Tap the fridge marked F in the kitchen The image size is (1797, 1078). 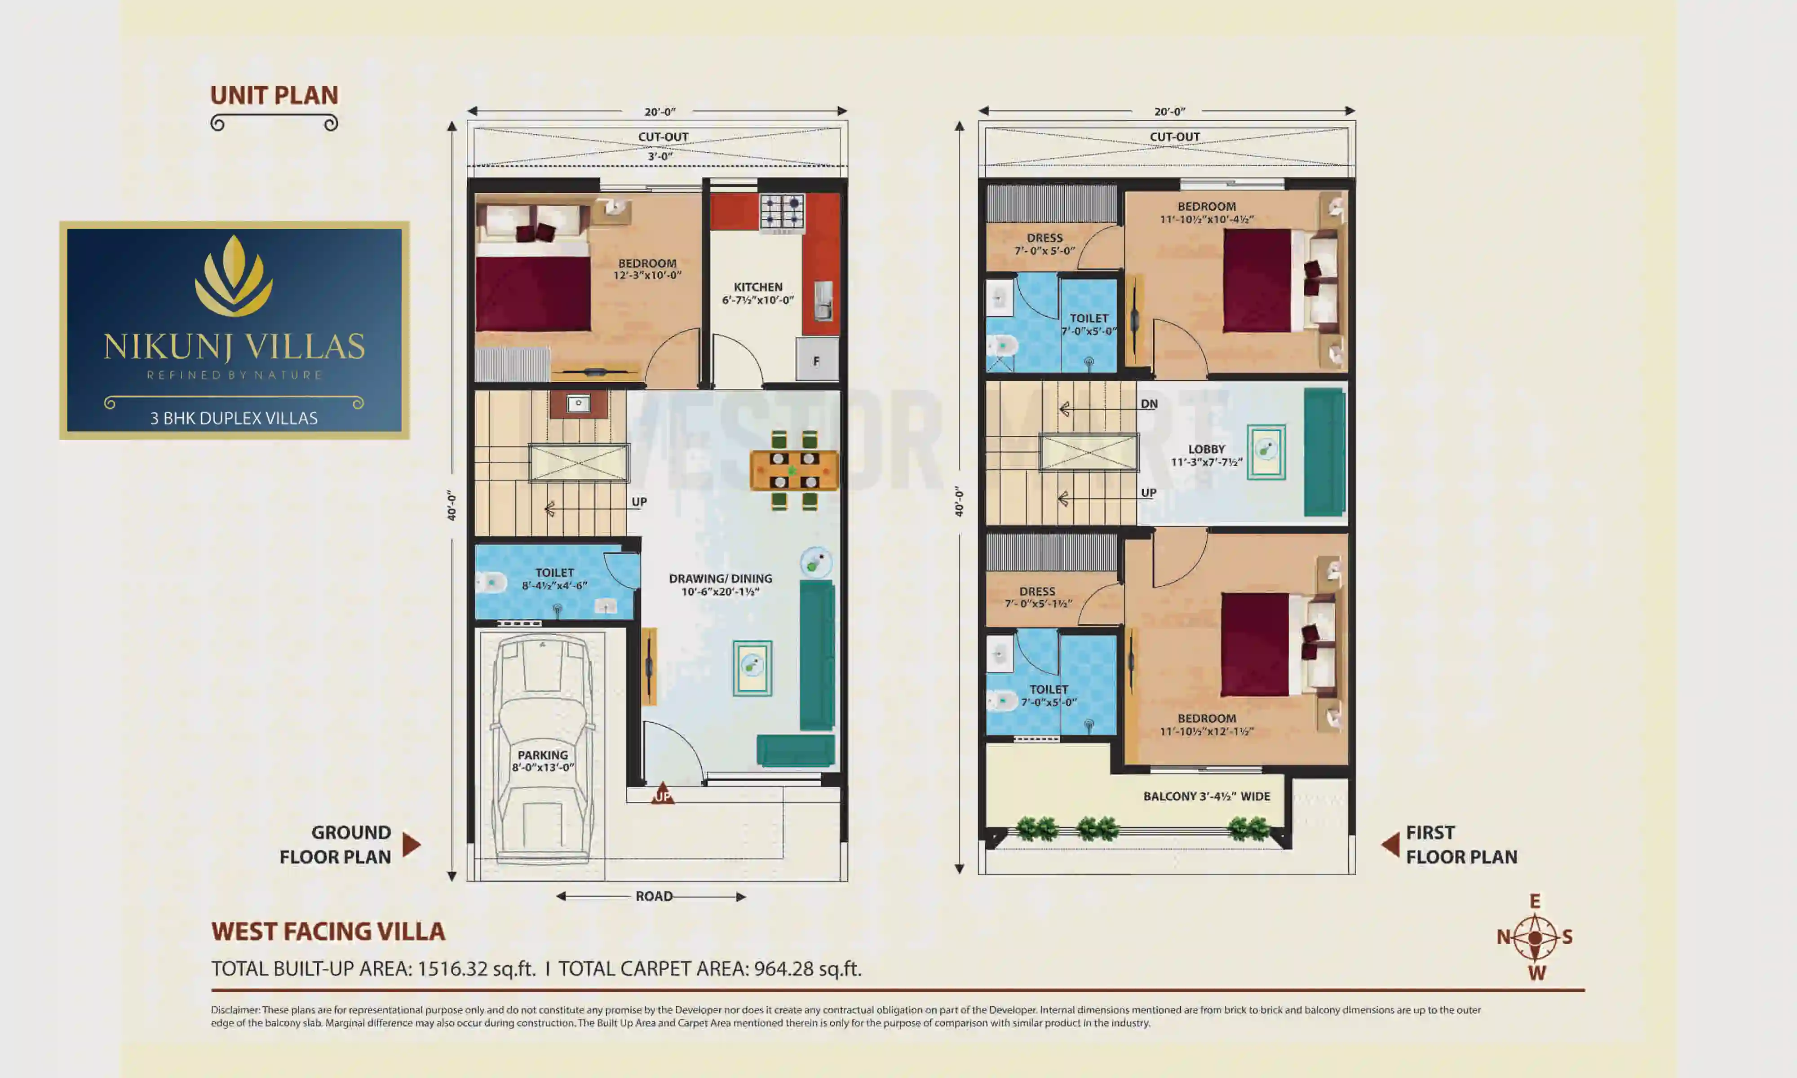[x=816, y=360]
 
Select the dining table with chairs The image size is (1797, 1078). [x=794, y=470]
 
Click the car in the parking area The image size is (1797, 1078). [x=542, y=748]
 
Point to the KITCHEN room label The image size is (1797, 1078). [x=757, y=287]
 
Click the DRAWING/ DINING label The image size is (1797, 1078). [x=720, y=579]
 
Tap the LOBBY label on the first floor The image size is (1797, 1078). [x=1207, y=449]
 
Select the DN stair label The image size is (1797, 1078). [x=1148, y=404]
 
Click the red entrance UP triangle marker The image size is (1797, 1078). [x=662, y=793]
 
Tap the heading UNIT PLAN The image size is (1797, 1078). [x=274, y=95]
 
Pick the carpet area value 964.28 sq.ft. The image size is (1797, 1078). [x=807, y=968]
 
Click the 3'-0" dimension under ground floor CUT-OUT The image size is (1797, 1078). [x=659, y=156]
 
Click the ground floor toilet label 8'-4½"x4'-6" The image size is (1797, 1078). [x=554, y=586]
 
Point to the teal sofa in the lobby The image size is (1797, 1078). [x=1324, y=452]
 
